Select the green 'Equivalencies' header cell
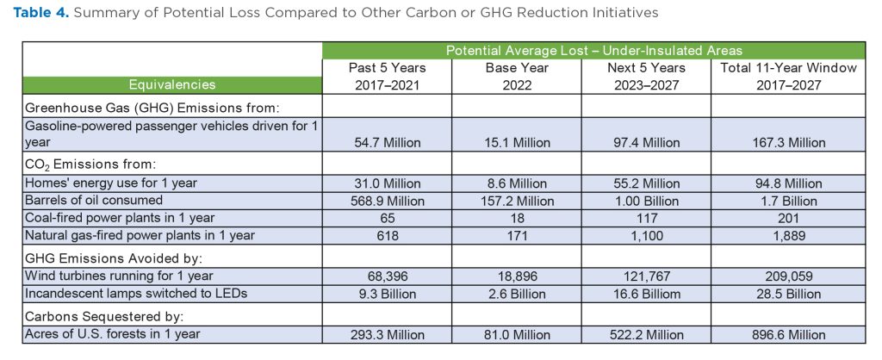172,84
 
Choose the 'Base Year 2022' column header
518,76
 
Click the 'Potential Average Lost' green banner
593,51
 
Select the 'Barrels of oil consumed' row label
95,200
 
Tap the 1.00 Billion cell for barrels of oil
647,200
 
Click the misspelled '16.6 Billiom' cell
647,292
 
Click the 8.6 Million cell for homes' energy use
518,183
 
